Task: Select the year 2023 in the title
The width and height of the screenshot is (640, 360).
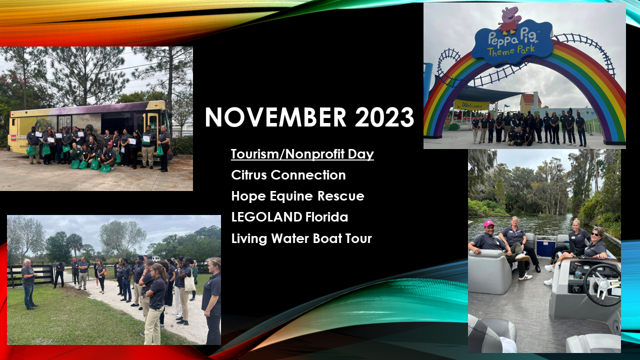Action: [x=384, y=117]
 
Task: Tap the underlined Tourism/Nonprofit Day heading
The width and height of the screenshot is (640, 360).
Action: [x=302, y=154]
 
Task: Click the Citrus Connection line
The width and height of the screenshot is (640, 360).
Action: [x=288, y=175]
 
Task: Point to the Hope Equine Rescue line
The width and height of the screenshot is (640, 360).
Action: [x=297, y=196]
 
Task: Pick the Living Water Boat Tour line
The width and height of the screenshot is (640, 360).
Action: [x=301, y=238]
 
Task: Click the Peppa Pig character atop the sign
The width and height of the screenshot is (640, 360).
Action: [x=509, y=20]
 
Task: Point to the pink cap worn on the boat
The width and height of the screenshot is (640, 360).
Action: [x=488, y=223]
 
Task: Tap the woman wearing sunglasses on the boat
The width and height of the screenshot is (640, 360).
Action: [x=595, y=245]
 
